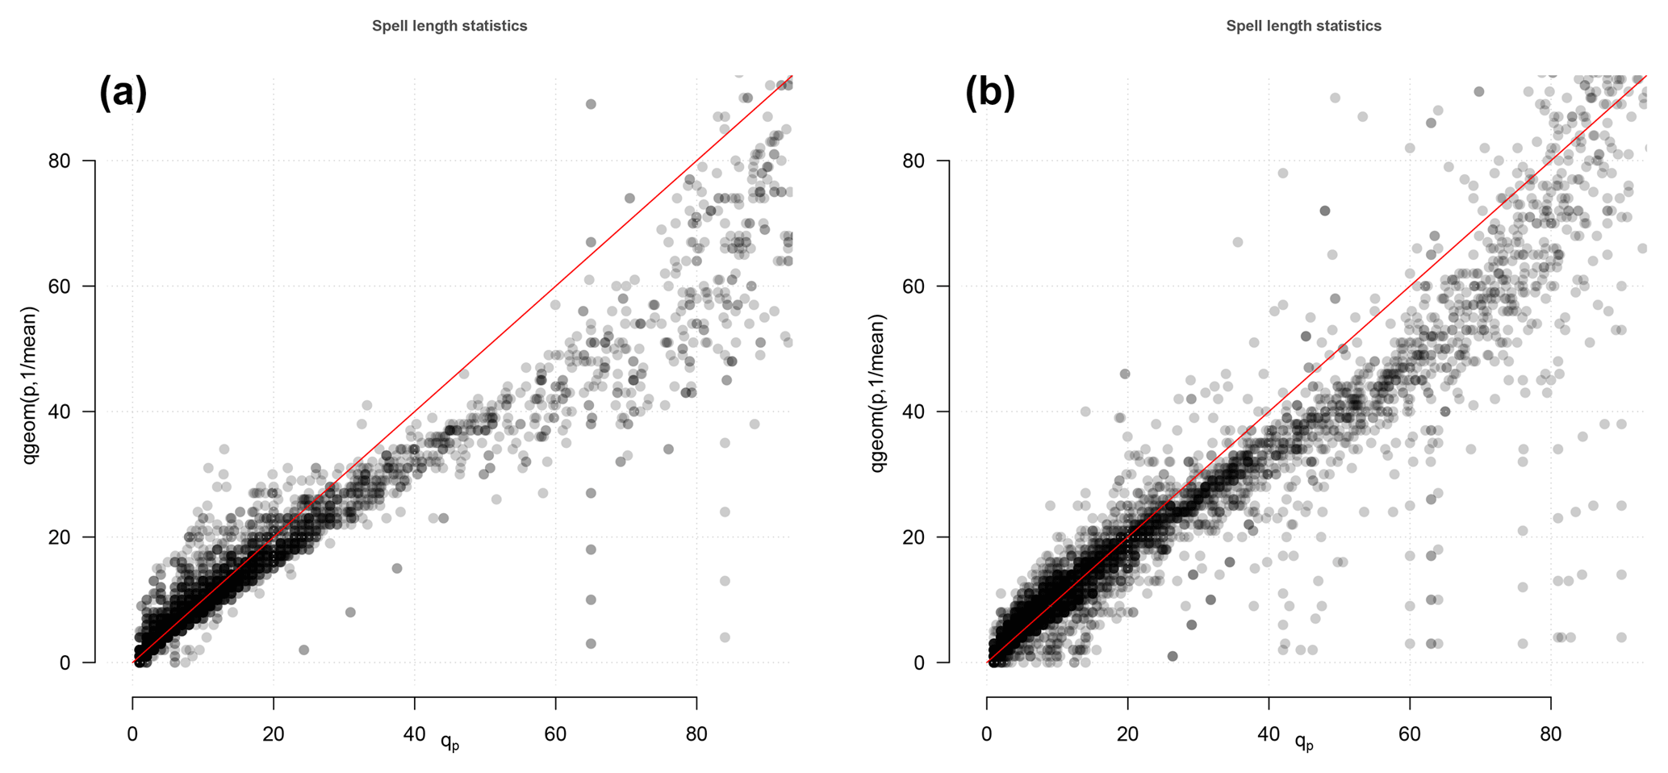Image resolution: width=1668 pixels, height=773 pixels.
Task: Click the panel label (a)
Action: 123,93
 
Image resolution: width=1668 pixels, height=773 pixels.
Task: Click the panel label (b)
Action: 989,93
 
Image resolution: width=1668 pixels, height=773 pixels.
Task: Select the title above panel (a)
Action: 449,26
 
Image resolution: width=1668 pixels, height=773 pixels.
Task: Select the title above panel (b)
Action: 1303,26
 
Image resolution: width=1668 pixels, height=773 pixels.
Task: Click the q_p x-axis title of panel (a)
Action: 449,741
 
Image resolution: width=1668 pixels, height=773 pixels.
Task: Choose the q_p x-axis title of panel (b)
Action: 1304,741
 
